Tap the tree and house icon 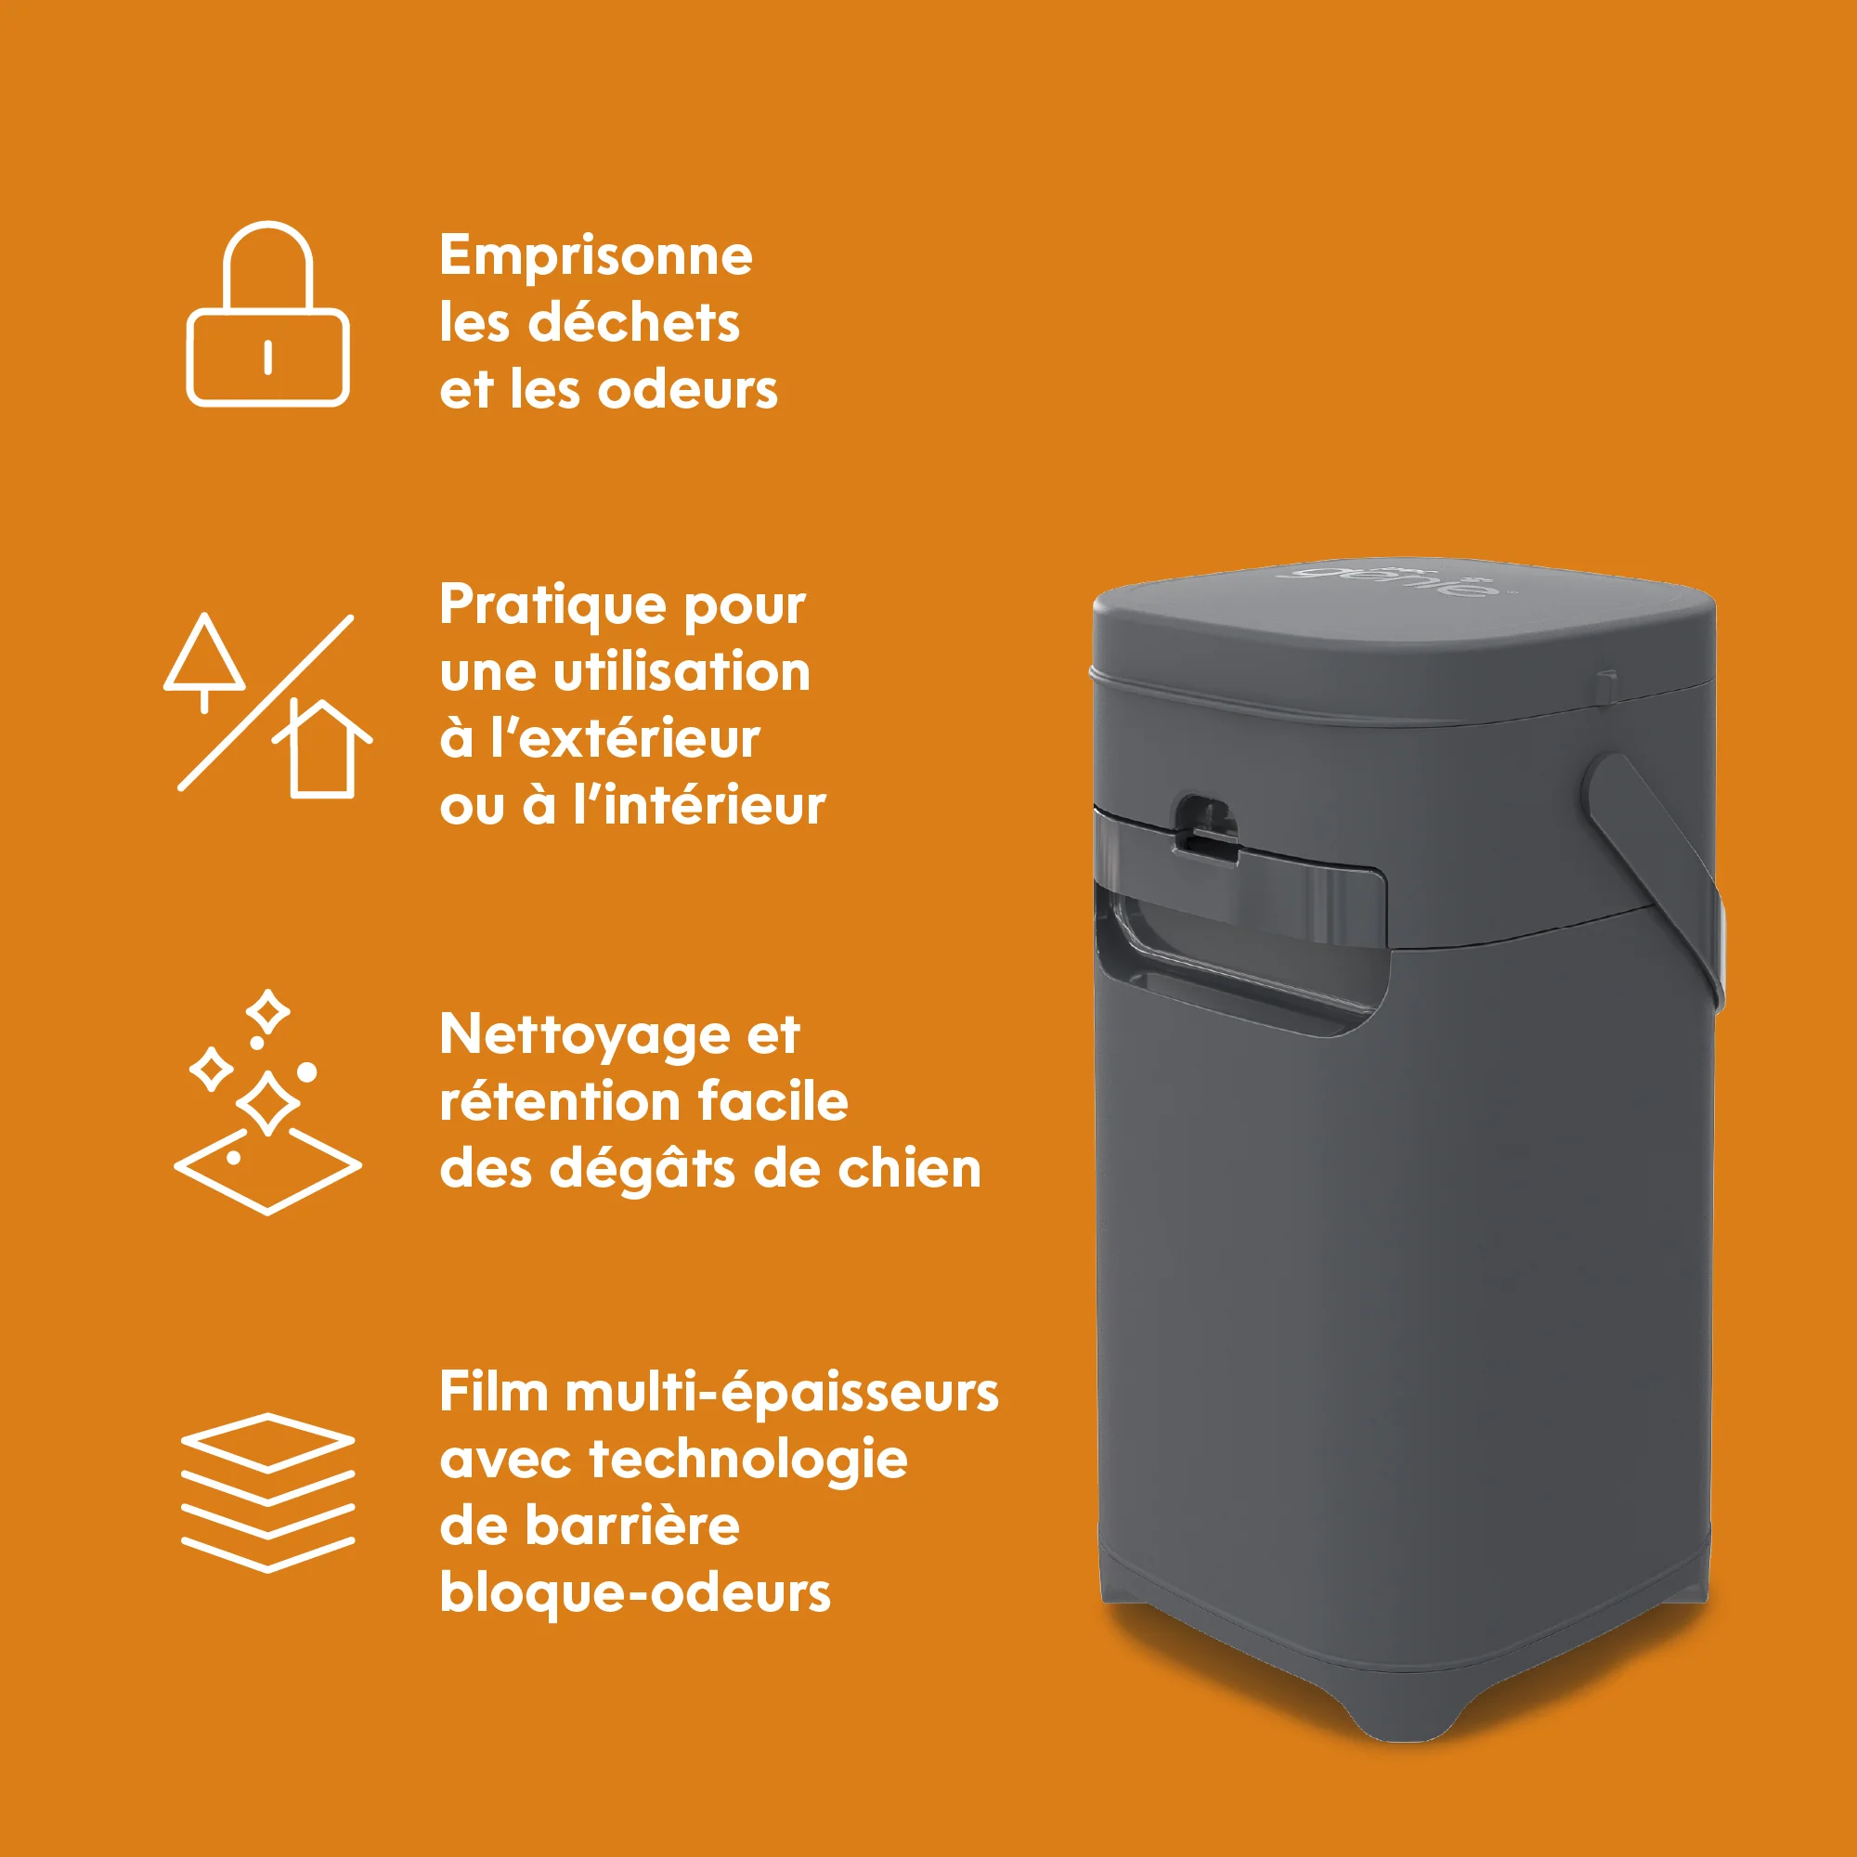[x=266, y=704]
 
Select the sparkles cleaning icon [x=267, y=1101]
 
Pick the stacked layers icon [x=267, y=1493]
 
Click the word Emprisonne [x=596, y=257]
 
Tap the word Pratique [x=553, y=606]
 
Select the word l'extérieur [x=626, y=738]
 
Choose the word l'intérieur [x=700, y=804]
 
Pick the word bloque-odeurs [x=635, y=1593]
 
